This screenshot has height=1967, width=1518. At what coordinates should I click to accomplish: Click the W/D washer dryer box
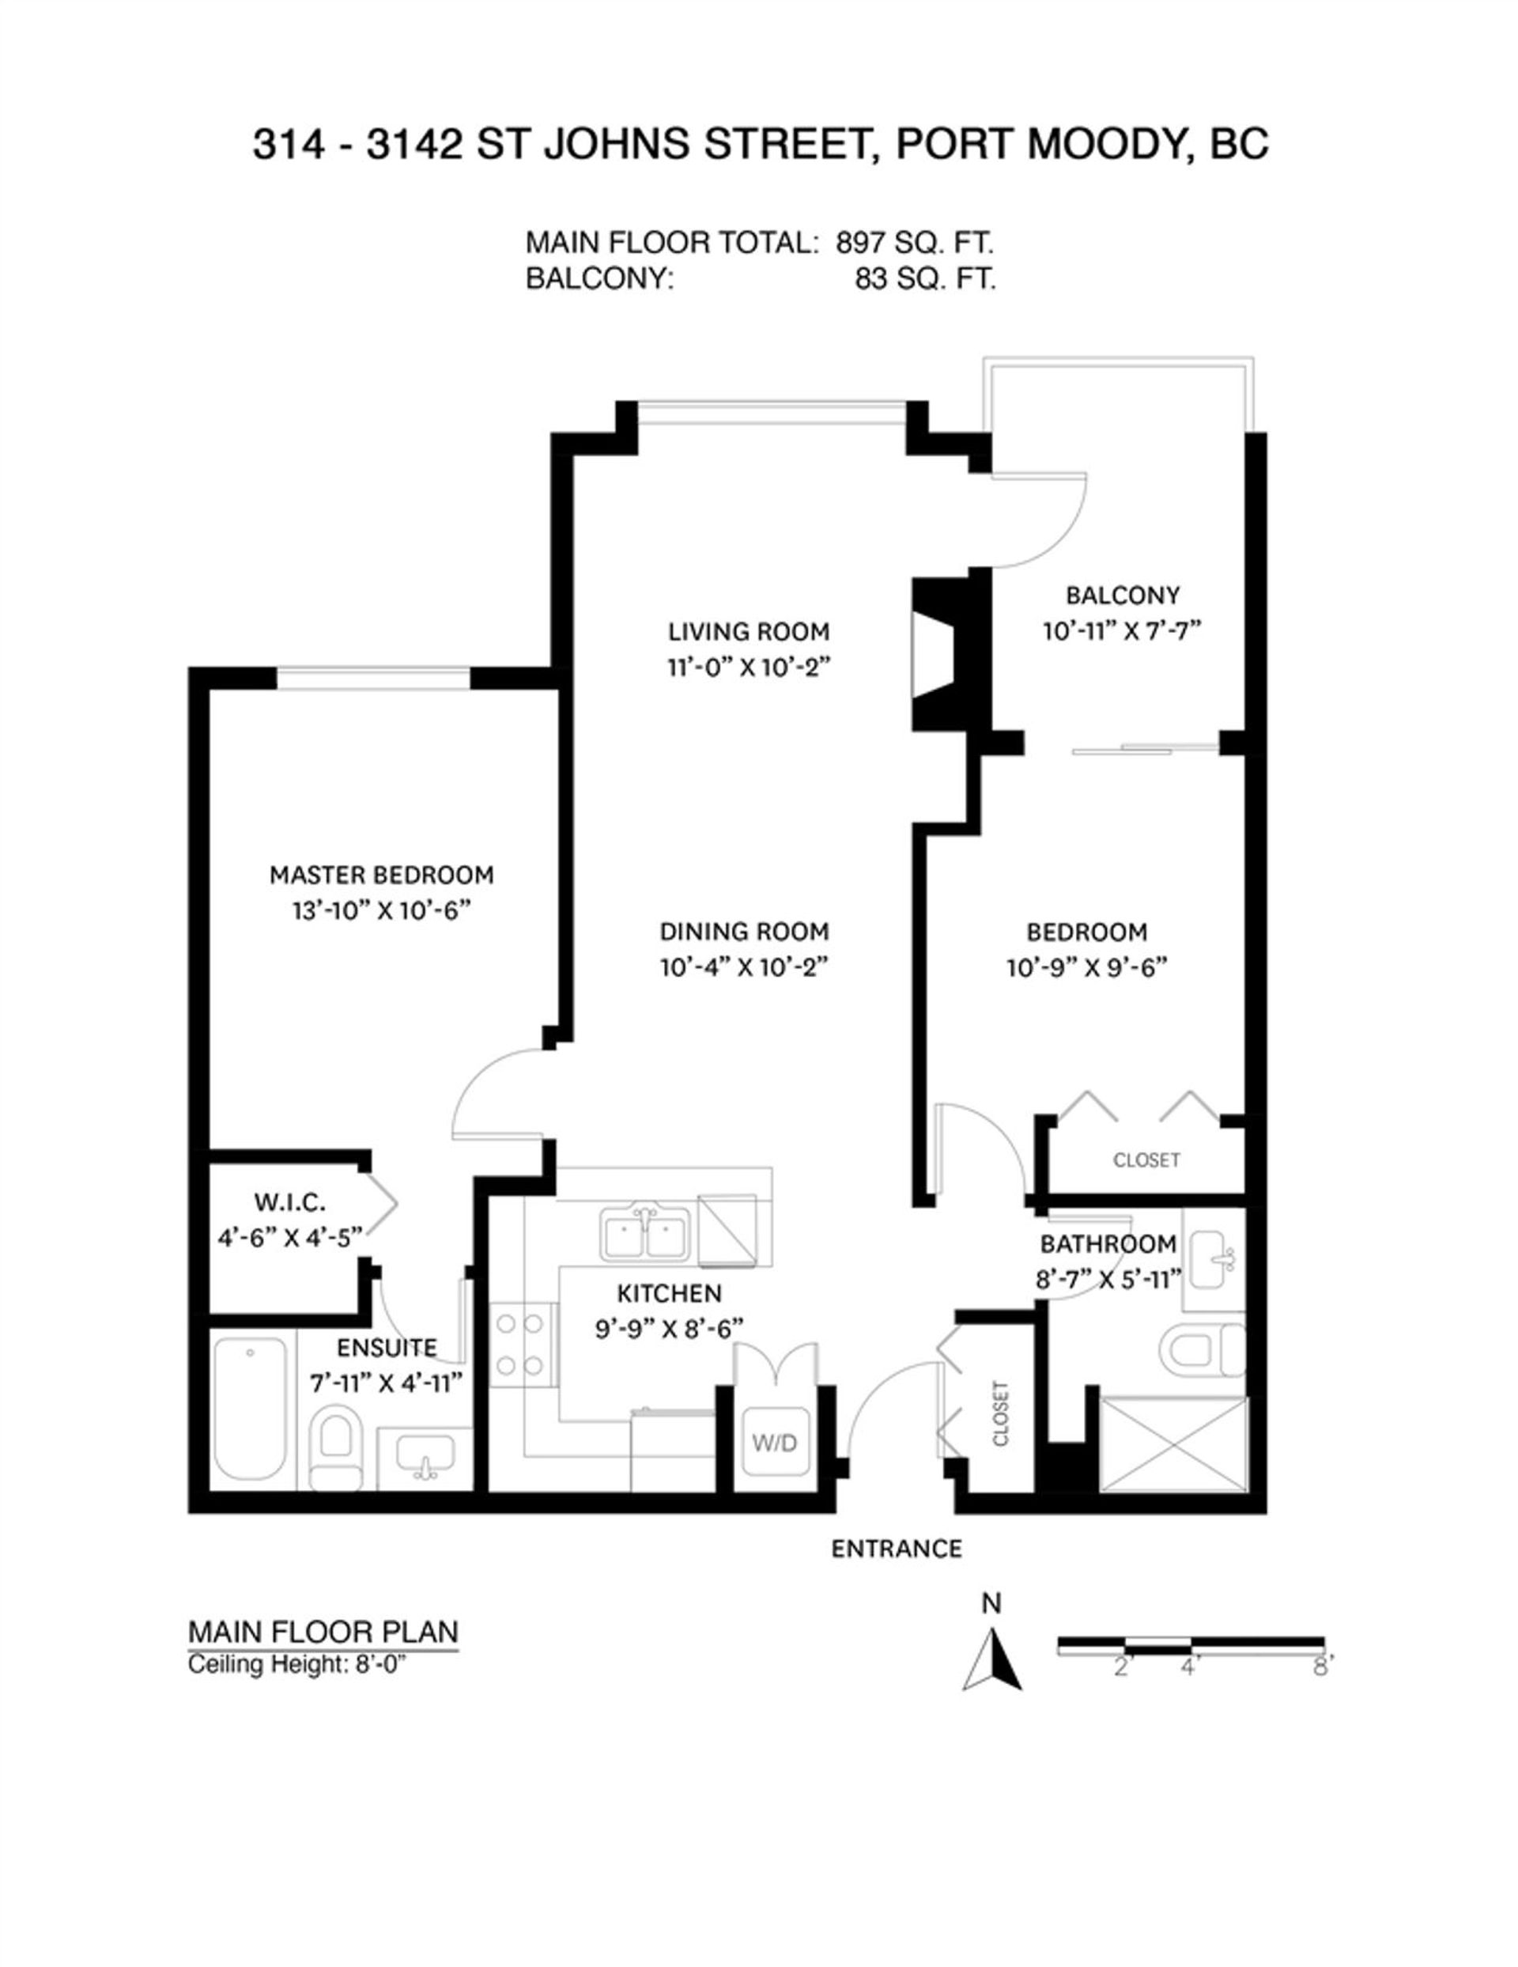774,1443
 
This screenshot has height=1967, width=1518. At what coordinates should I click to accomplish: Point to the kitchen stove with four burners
521,1345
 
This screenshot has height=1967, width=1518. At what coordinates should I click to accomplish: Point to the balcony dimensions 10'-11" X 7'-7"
1122,631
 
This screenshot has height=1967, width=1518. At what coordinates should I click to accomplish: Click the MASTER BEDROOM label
382,875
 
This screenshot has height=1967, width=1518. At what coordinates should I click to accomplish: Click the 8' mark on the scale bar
1321,1668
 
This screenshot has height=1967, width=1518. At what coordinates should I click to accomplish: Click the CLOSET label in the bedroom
1146,1160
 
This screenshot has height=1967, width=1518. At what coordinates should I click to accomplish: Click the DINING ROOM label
744,931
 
